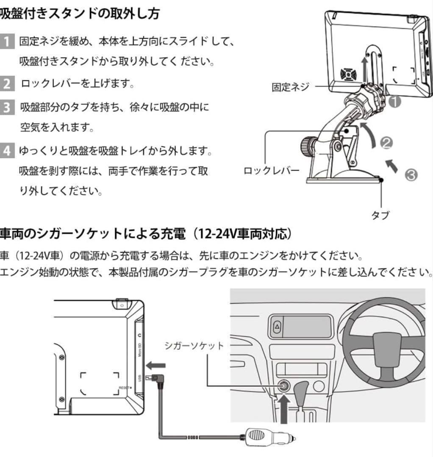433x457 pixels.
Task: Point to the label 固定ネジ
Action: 290,87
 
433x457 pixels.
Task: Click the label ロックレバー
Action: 272,171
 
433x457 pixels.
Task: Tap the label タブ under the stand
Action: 380,215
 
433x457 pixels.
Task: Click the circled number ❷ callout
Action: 386,144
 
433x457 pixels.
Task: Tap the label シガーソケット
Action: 194,346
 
